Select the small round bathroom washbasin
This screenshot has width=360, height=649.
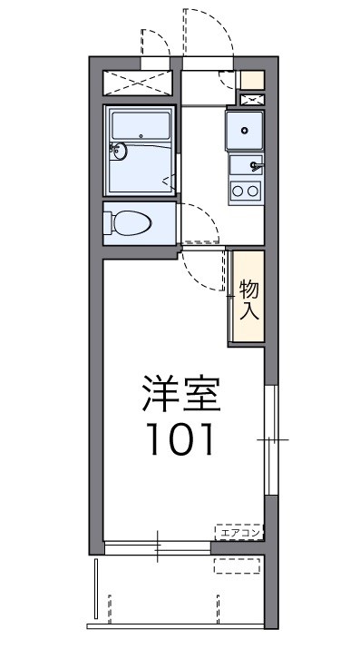click(x=121, y=151)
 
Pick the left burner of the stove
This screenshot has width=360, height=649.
click(x=238, y=190)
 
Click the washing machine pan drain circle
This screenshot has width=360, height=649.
click(x=244, y=130)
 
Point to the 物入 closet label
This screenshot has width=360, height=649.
click(x=249, y=300)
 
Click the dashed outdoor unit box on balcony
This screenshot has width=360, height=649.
click(x=238, y=566)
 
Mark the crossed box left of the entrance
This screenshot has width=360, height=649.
click(x=139, y=82)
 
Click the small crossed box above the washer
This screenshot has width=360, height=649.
click(x=251, y=97)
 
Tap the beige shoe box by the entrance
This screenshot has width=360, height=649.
click(x=253, y=79)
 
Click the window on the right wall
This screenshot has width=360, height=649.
click(x=268, y=439)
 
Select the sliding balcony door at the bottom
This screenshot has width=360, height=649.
click(x=157, y=547)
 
